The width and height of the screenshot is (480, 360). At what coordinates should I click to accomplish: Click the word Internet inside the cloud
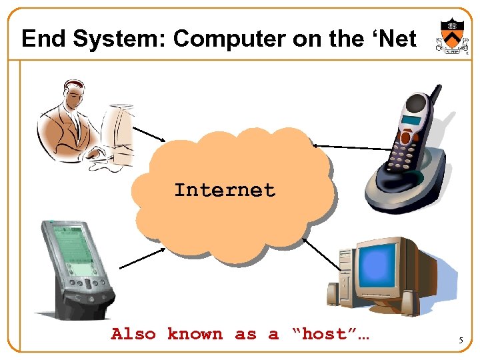click(225, 191)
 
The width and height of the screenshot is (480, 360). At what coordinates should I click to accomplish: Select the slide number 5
click(460, 341)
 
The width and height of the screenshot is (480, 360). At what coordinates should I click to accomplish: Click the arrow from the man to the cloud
click(149, 135)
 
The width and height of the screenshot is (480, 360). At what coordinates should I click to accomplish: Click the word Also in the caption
click(133, 334)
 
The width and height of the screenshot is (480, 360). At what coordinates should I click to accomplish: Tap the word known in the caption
click(195, 334)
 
